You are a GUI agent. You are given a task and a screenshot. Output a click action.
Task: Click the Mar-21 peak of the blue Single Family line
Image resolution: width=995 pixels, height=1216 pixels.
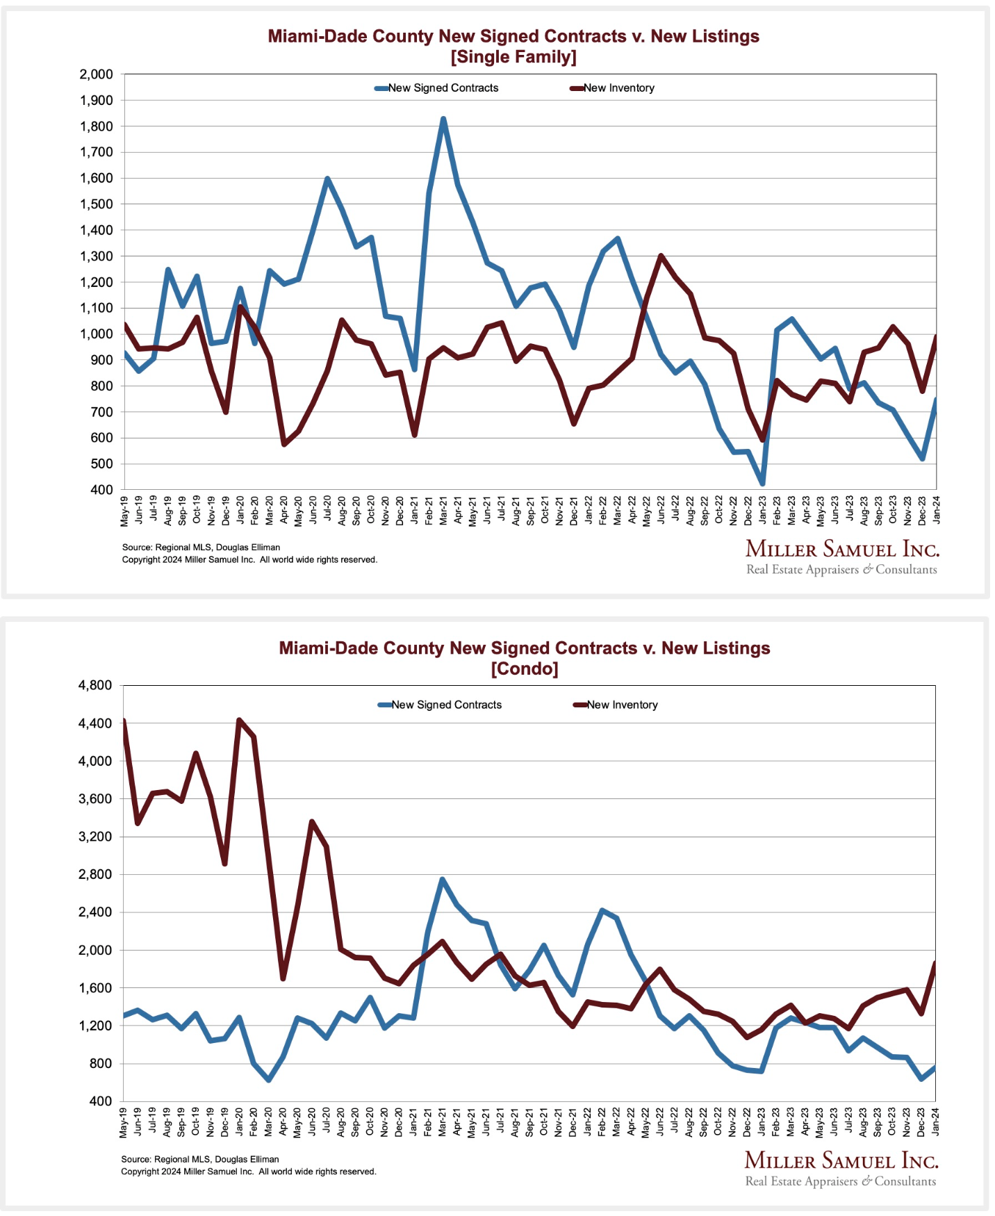[x=443, y=120]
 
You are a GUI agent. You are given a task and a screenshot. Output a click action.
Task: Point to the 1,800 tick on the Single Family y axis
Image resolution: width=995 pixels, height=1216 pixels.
[x=97, y=126]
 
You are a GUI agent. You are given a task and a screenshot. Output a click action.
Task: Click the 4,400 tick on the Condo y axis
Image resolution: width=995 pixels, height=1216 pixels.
[x=95, y=723]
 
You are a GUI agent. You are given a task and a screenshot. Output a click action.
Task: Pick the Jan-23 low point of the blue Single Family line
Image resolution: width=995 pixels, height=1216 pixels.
[x=762, y=483]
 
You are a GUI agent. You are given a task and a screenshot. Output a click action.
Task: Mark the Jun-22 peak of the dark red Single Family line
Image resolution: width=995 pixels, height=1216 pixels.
[x=661, y=256]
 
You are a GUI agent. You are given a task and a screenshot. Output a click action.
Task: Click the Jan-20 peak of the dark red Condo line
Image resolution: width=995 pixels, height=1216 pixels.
[x=239, y=721]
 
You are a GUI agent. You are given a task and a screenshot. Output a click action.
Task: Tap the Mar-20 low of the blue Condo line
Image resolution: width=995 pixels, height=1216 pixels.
[x=268, y=1080]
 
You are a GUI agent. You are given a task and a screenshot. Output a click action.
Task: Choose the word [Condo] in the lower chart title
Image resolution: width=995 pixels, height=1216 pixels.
[x=525, y=669]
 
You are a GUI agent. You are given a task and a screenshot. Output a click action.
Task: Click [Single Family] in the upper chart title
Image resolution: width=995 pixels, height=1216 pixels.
[x=513, y=57]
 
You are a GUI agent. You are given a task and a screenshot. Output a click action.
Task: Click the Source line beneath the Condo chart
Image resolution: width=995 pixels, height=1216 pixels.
[x=200, y=1159]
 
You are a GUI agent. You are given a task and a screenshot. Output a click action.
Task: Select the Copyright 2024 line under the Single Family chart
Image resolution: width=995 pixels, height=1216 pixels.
[x=249, y=559]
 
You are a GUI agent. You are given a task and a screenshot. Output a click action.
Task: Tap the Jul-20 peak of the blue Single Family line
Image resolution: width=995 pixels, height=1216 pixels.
[x=327, y=179]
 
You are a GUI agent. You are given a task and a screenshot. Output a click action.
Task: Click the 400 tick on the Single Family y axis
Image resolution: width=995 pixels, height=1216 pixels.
[x=101, y=490]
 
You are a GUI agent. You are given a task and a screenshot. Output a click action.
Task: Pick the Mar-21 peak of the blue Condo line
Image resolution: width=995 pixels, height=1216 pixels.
[x=443, y=880]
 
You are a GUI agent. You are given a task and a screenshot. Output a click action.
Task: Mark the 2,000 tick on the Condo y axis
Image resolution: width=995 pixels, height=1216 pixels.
[x=95, y=950]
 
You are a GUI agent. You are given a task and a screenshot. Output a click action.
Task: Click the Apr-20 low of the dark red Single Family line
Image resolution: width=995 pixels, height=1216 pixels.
[x=283, y=444]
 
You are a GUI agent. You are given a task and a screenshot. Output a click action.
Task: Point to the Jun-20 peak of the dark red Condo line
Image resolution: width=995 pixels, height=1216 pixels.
[x=312, y=822]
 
